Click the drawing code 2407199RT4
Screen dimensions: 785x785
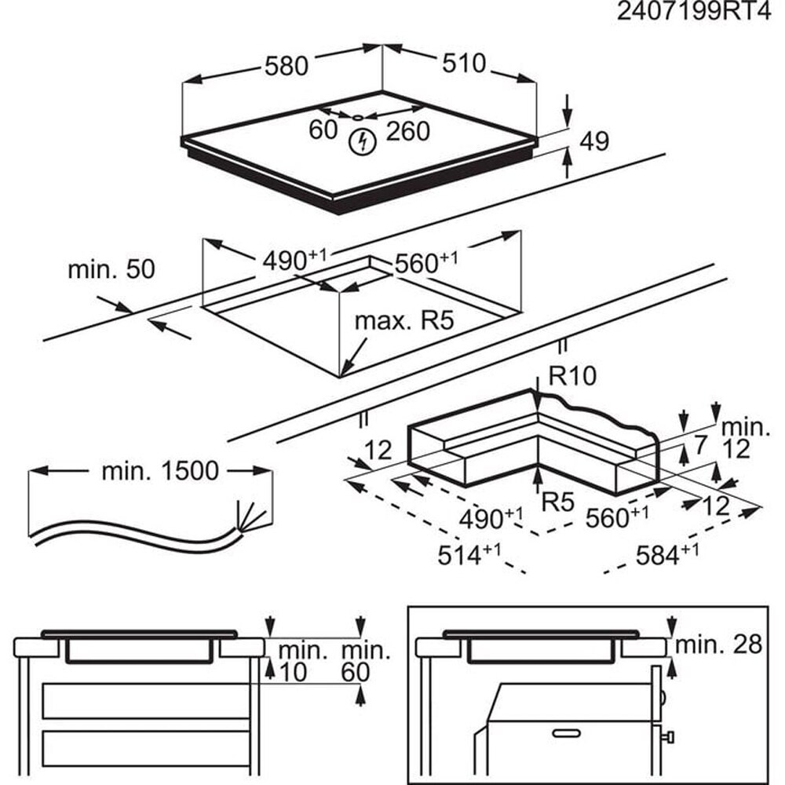pyautogui.click(x=693, y=13)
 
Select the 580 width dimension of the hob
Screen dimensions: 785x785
pyautogui.click(x=286, y=66)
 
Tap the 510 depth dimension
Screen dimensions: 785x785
pyautogui.click(x=464, y=63)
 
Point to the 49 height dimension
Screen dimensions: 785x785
pyautogui.click(x=593, y=141)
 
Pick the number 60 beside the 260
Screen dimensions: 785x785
pyautogui.click(x=323, y=130)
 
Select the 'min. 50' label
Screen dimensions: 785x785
pyautogui.click(x=111, y=269)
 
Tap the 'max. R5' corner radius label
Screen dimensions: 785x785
pyautogui.click(x=405, y=320)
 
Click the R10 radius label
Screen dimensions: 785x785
pyautogui.click(x=572, y=376)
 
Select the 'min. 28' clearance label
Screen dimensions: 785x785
pyautogui.click(x=719, y=644)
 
